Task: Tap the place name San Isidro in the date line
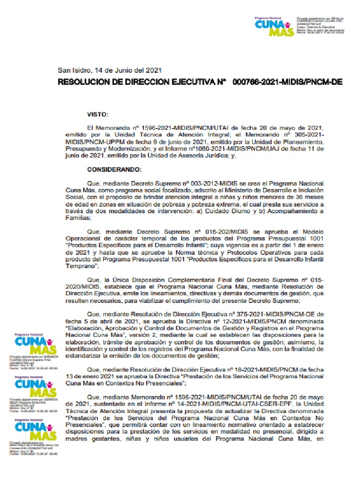click(74, 70)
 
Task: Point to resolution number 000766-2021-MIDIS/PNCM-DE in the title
click(287, 82)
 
